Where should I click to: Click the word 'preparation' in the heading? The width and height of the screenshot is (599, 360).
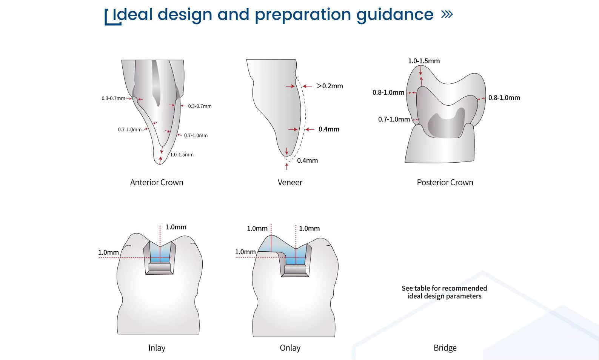[x=303, y=15]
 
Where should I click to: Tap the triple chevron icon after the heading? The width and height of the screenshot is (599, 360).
[x=447, y=14]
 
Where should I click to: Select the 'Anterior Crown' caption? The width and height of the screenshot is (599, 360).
[x=157, y=183]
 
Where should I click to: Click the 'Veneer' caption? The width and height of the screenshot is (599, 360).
[x=290, y=183]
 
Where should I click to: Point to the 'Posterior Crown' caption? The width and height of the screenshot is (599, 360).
[x=445, y=183]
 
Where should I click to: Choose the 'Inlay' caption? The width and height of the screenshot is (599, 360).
[x=157, y=348]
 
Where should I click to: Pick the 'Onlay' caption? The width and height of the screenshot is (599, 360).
[x=290, y=348]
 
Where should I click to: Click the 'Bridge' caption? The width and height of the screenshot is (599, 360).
[x=445, y=348]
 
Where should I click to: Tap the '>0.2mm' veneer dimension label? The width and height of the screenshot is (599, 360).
[x=330, y=86]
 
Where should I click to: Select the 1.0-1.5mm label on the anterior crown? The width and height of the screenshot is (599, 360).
[x=182, y=155]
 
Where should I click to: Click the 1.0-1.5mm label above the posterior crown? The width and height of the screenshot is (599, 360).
[x=424, y=61]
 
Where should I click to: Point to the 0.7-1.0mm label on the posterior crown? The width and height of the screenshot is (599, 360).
[x=394, y=120]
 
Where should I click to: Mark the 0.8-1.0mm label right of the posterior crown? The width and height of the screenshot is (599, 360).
[x=504, y=98]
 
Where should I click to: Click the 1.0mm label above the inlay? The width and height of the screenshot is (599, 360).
[x=176, y=227]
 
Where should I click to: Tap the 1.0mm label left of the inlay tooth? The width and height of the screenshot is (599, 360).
[x=108, y=252]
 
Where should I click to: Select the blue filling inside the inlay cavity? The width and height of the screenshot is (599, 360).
[x=160, y=253]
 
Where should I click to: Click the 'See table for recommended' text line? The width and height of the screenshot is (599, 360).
[x=444, y=288]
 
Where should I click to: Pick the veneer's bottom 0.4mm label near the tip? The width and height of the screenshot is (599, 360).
[x=307, y=161]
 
